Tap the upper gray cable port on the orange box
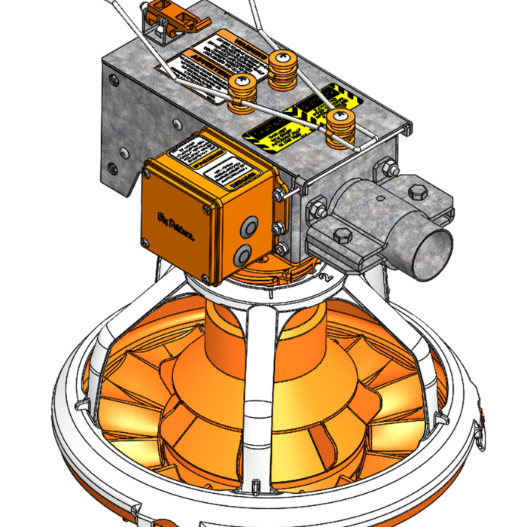coord(248,225)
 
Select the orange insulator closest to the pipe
coord(340,126)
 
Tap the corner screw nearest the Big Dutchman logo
coord(145,242)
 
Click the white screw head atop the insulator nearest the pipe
coord(341,116)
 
